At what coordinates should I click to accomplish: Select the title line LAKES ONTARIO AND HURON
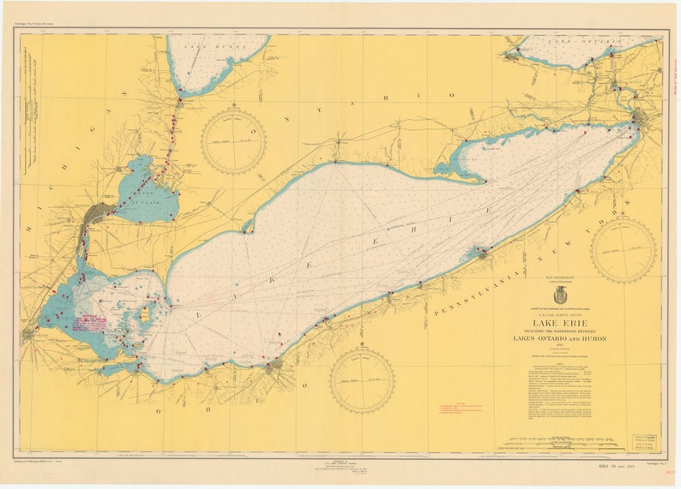tap(559, 338)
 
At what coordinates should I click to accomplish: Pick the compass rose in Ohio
tap(362, 379)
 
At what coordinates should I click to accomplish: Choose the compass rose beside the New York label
tap(623, 250)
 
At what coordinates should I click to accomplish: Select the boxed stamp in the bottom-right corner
tap(645, 439)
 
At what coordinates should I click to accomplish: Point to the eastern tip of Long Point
tap(486, 182)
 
